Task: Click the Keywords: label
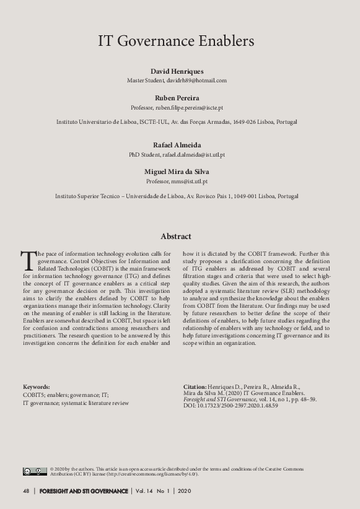pyautogui.click(x=37, y=386)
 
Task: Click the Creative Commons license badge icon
pyautogui.click(x=35, y=471)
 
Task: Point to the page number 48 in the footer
pyautogui.click(x=25, y=491)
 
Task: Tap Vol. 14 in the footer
pyautogui.click(x=146, y=491)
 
